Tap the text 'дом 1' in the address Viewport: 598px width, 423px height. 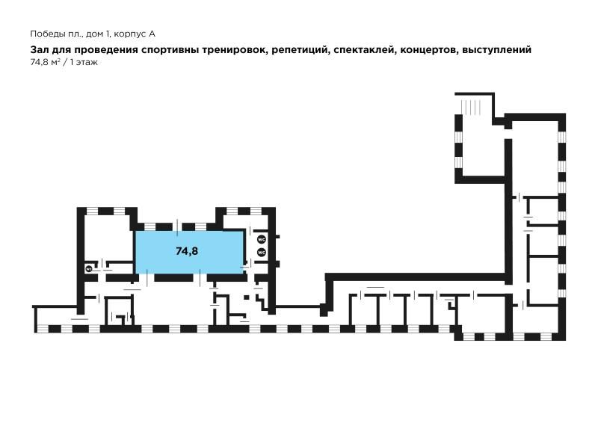coord(98,34)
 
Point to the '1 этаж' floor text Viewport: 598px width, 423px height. coord(84,63)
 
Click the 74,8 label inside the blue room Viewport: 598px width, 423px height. coord(187,251)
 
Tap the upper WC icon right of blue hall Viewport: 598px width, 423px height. coord(261,240)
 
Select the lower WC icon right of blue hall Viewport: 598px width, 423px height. coord(261,253)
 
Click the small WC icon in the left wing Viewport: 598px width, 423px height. coord(89,269)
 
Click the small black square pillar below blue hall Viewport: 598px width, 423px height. coord(247,297)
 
